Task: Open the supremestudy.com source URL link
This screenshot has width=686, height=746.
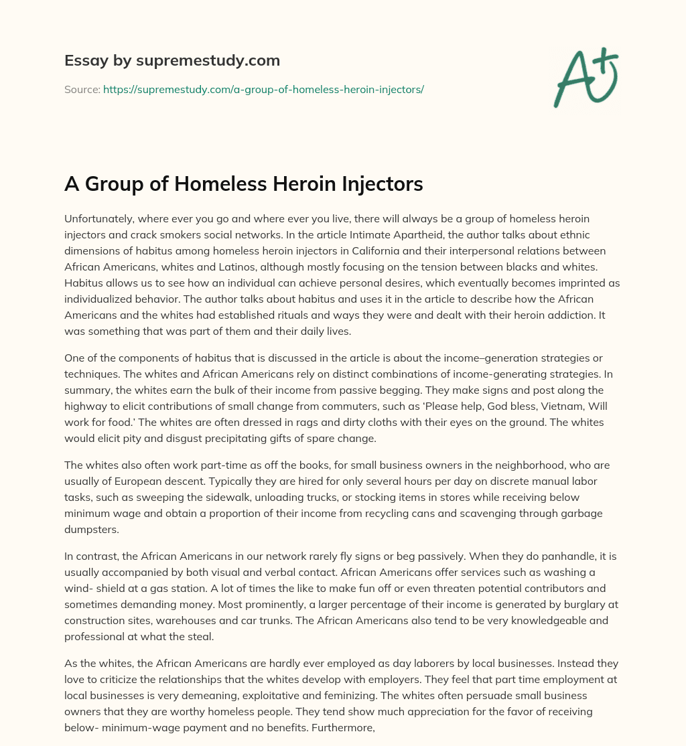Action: tap(263, 89)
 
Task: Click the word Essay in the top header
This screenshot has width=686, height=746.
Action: tap(81, 61)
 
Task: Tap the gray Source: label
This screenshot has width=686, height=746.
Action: tap(82, 89)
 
